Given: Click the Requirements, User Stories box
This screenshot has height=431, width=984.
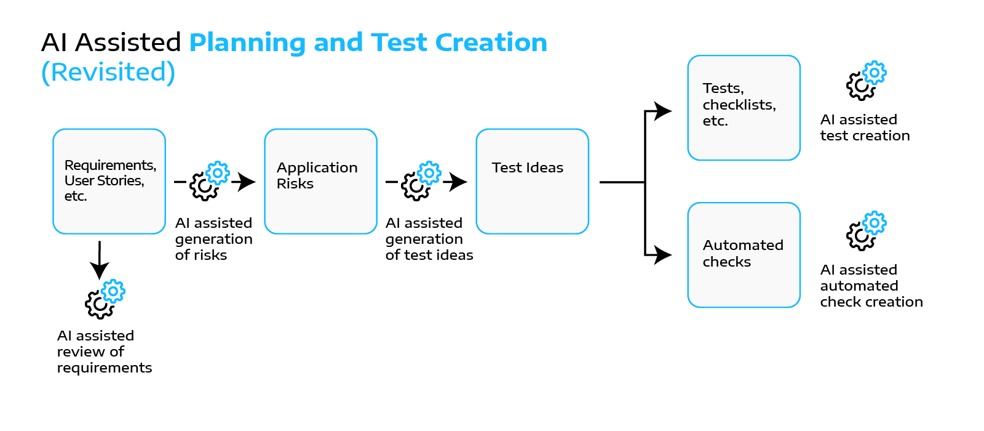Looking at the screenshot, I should (109, 181).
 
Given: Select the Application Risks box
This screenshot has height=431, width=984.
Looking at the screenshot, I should (320, 181).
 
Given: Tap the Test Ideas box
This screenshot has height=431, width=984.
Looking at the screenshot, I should (532, 181).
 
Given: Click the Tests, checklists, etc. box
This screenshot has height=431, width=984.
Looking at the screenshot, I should (744, 108).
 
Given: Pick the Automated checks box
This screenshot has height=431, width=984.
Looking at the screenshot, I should (744, 255).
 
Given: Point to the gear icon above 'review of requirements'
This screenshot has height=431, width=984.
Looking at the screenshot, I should (105, 299).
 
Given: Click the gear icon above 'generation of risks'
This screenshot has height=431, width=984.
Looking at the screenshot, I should (209, 181).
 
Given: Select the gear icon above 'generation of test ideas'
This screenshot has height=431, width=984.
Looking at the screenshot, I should (421, 181).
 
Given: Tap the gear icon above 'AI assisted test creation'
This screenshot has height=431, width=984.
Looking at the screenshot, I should (866, 81).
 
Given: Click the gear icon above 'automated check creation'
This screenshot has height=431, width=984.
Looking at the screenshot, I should (866, 231).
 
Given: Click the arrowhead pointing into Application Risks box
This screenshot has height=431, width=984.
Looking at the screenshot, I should (246, 182).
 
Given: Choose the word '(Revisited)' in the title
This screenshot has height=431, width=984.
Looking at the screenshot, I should (108, 72).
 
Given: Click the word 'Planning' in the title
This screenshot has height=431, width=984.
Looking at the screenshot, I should (247, 43).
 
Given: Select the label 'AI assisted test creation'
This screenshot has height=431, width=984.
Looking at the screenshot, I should (864, 127).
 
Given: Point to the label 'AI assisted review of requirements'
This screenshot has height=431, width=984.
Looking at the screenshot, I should (104, 352).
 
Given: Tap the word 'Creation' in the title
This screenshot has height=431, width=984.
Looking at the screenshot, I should (491, 42).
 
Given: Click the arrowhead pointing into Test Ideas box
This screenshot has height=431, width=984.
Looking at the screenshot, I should (458, 182).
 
